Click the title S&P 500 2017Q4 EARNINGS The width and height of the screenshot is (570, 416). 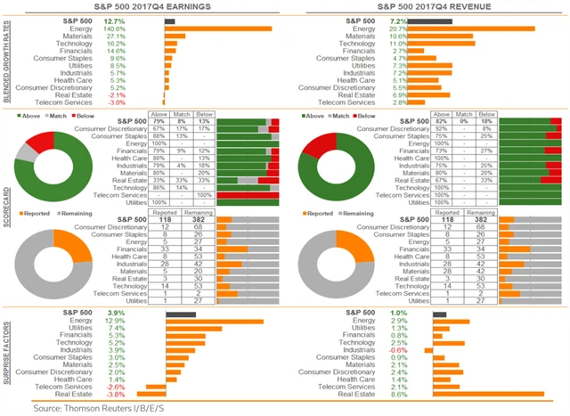142,7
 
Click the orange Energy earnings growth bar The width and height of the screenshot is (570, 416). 218,28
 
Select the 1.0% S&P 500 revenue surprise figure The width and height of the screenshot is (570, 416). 398,313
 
